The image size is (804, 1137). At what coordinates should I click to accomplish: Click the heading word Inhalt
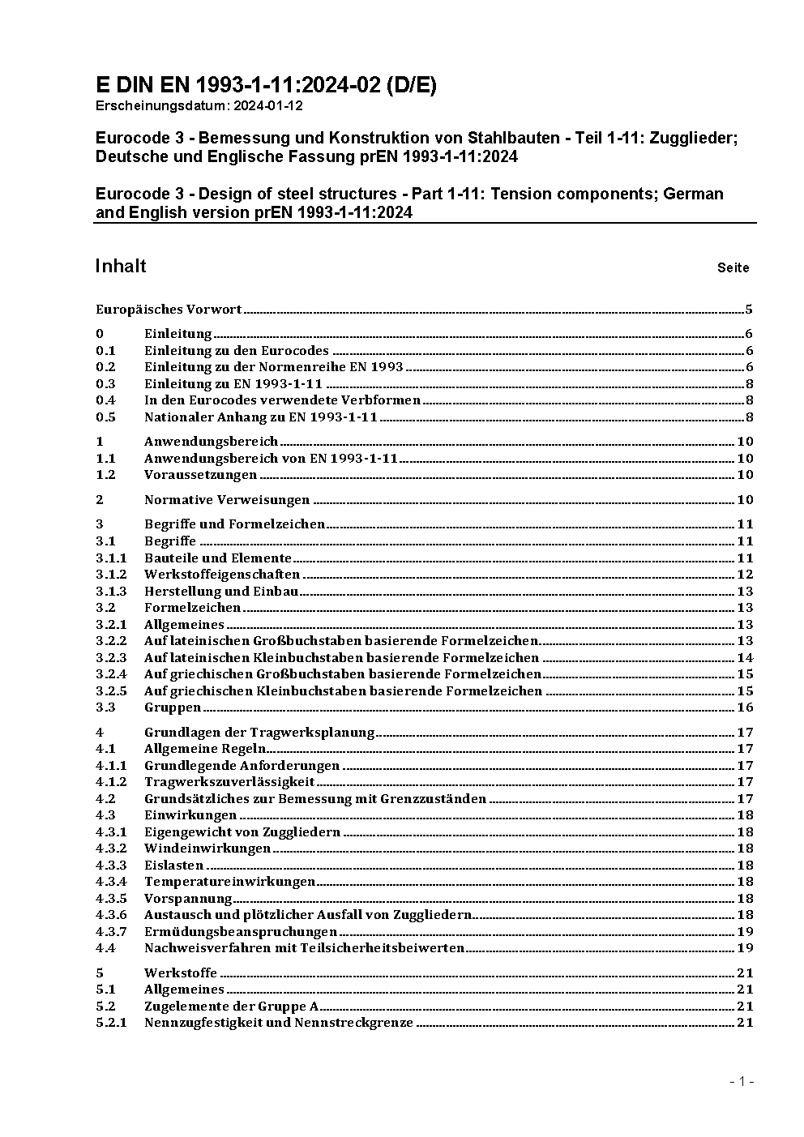[121, 267]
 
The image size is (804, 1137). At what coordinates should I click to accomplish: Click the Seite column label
[733, 267]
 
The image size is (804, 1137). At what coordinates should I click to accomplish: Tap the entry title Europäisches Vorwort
[169, 309]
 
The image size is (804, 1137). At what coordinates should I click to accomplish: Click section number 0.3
[105, 384]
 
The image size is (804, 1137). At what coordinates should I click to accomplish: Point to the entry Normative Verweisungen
[227, 500]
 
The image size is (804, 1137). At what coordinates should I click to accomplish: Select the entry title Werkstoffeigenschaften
[222, 575]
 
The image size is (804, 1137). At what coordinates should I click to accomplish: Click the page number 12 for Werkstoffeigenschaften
[745, 575]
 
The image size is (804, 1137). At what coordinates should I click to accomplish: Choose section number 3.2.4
[111, 674]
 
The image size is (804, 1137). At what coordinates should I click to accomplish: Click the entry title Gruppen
[172, 707]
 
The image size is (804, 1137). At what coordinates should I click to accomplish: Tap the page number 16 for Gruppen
[745, 707]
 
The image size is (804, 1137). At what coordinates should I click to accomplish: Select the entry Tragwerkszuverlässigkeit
[229, 782]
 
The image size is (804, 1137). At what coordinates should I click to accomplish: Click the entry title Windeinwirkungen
[207, 848]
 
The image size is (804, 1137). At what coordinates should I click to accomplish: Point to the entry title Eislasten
[173, 866]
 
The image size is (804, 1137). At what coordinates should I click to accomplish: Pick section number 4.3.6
[111, 915]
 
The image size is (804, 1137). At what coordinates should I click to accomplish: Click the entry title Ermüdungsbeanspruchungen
[241, 932]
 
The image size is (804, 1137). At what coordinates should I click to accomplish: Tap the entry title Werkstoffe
[181, 973]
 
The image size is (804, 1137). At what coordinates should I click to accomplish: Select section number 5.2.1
[111, 1023]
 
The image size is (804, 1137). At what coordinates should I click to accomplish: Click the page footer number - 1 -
[742, 1081]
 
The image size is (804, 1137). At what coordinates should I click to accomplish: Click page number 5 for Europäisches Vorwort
[749, 309]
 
